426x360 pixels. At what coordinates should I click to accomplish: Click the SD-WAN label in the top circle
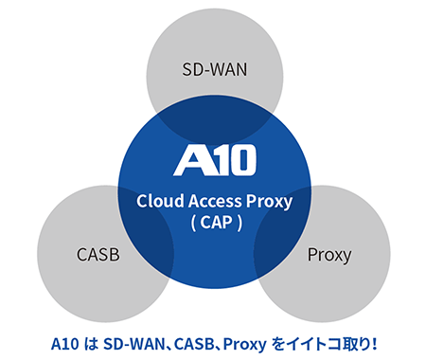click(213, 69)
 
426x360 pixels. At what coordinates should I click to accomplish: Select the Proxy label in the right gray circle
click(329, 255)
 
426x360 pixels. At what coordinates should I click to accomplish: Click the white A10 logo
click(215, 160)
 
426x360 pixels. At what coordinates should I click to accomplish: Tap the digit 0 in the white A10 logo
click(242, 160)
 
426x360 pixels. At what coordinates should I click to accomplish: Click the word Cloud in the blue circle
click(157, 201)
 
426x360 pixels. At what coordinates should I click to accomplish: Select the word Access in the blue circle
click(214, 201)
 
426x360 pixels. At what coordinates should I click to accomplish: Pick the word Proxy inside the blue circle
click(269, 201)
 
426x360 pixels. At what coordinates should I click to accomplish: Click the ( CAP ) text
click(214, 225)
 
